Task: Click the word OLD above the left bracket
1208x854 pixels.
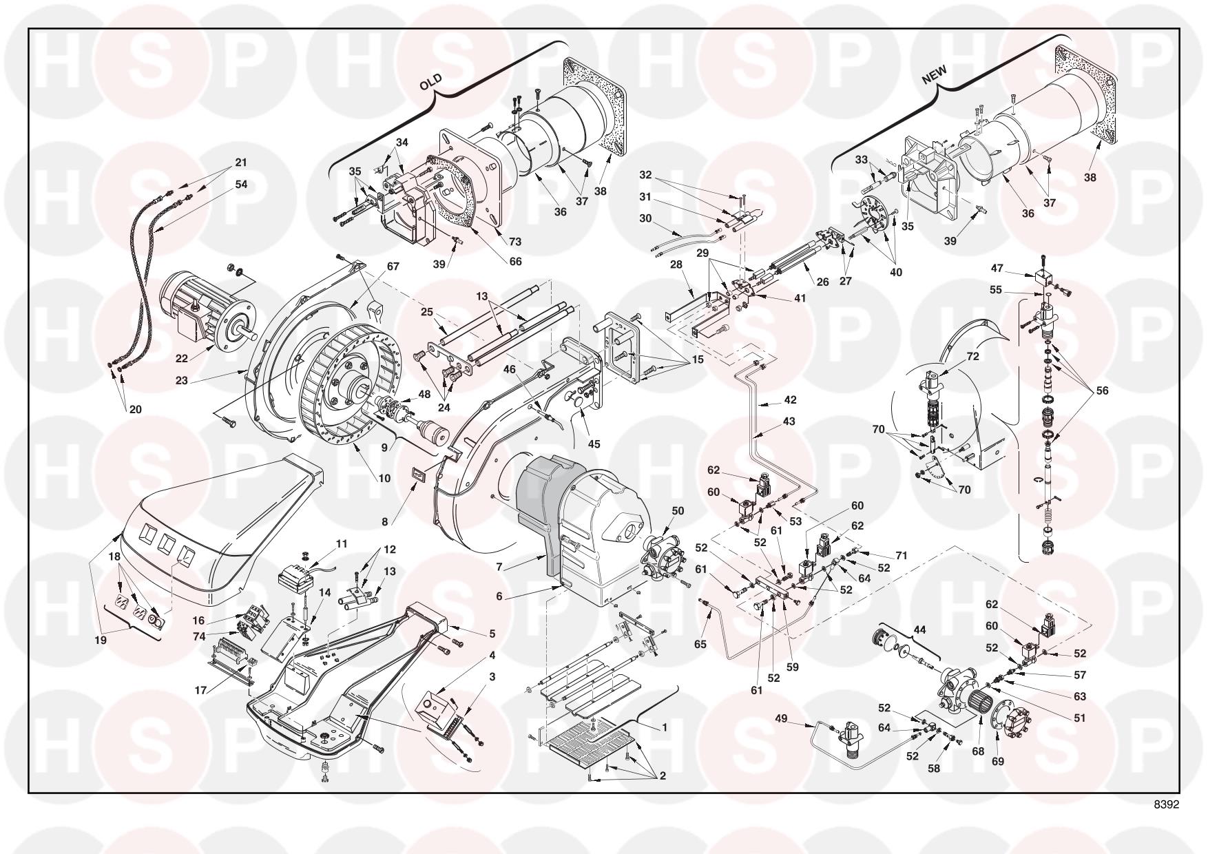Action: pos(430,83)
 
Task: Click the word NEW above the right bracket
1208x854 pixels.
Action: pos(935,75)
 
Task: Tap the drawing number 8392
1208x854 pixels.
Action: pos(1167,804)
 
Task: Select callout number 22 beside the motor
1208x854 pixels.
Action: pos(182,359)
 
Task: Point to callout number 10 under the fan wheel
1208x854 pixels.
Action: pos(384,478)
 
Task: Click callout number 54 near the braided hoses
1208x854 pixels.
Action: pos(241,185)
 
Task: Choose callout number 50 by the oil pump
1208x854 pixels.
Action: pos(678,510)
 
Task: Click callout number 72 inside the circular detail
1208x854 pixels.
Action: pos(972,357)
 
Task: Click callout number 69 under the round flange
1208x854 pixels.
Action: pos(998,762)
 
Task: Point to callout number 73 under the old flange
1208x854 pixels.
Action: pos(515,242)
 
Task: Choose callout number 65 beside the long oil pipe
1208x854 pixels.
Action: pos(700,645)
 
